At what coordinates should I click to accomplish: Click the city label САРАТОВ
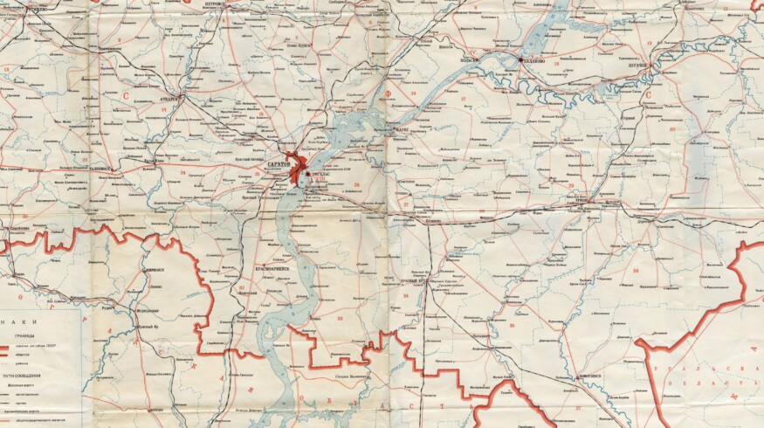pos(279,164)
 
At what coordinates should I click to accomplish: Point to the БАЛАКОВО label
pos(533,61)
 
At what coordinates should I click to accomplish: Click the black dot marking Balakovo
pos(520,60)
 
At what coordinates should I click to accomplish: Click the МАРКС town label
pos(403,129)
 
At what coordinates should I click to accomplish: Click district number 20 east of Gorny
pos(671,129)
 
